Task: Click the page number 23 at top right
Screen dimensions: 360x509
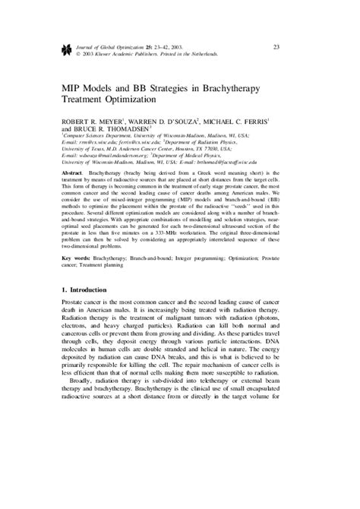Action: pyautogui.click(x=276, y=47)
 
